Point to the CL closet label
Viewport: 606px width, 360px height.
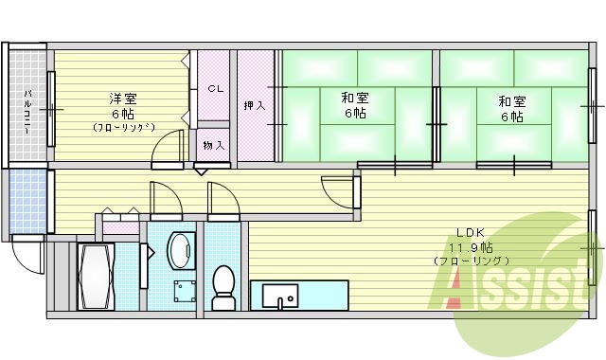pyautogui.click(x=215, y=89)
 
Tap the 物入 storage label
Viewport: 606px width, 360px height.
pyautogui.click(x=214, y=145)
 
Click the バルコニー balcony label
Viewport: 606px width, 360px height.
pyautogui.click(x=28, y=111)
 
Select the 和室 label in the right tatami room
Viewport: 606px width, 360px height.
pyautogui.click(x=512, y=101)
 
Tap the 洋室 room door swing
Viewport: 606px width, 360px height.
pyautogui.click(x=167, y=150)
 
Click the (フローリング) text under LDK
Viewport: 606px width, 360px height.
pyautogui.click(x=471, y=261)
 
